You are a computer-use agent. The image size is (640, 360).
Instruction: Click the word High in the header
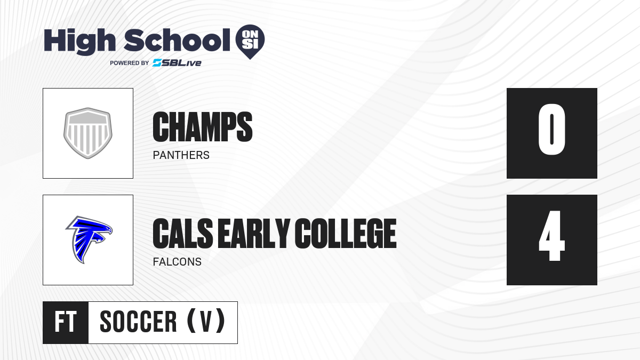coord(80,42)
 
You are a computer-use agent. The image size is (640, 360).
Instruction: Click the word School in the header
coord(177,40)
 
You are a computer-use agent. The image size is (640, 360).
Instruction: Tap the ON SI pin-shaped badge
coord(250,42)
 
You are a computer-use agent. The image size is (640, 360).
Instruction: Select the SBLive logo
coord(177,63)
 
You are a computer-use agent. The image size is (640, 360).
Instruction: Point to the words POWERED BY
coord(130,63)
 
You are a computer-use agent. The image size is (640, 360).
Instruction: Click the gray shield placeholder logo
coord(88,133)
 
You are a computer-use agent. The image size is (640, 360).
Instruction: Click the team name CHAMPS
coord(203,127)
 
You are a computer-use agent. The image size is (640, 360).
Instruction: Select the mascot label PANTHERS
coord(181,155)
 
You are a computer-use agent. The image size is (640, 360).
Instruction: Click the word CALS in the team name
coord(183,234)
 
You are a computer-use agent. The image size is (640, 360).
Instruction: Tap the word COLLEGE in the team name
coord(346,234)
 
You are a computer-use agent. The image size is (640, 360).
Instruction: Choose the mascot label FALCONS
coord(177,262)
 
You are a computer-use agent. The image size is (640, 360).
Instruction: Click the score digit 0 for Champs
coord(551,130)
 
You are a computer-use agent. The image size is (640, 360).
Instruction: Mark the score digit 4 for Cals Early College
coord(551,236)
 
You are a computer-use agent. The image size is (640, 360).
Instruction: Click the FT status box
coord(66,323)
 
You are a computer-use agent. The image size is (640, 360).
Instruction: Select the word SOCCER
coord(138,322)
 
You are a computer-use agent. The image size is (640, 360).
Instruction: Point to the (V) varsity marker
coord(206,322)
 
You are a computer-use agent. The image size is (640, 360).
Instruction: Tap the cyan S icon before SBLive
coord(157,63)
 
